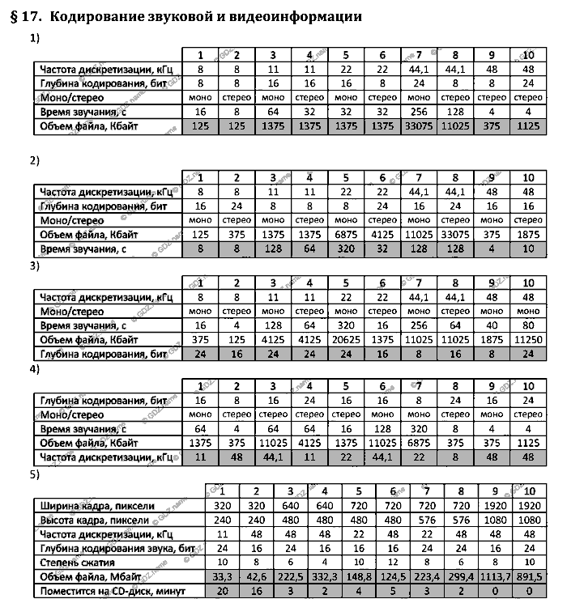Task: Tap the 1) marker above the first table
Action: [x=34, y=38]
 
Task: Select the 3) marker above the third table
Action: [x=34, y=265]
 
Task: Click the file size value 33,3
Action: [x=221, y=576]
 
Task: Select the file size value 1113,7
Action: [x=493, y=576]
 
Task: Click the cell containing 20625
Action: [x=346, y=340]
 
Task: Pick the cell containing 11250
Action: [x=529, y=340]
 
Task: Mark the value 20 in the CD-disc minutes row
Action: [x=221, y=591]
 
